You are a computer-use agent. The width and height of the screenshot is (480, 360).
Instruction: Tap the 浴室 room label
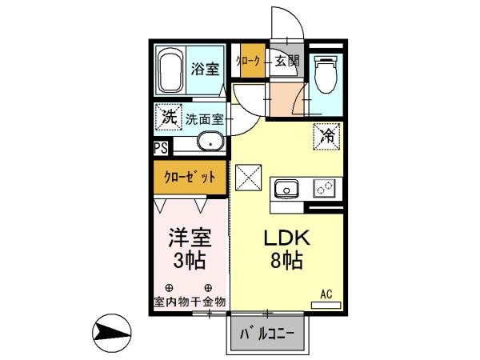point(204,69)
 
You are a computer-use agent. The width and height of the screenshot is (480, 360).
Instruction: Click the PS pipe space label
point(161,147)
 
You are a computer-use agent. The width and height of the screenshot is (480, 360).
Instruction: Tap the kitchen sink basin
point(286,189)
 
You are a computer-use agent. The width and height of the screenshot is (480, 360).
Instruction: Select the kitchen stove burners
point(325,189)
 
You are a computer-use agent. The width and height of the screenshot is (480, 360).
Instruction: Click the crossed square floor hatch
point(249,177)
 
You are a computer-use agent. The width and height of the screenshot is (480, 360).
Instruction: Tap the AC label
point(326,294)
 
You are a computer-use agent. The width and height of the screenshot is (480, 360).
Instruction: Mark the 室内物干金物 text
point(190,302)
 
